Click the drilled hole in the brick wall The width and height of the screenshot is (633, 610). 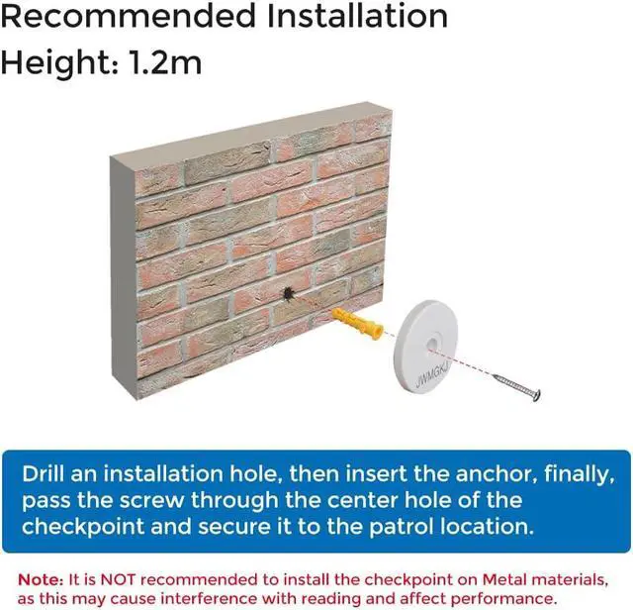tap(288, 294)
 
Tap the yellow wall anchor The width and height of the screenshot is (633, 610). tap(357, 323)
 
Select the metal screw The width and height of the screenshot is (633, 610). tap(516, 387)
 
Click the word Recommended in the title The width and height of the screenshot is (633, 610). tap(129, 16)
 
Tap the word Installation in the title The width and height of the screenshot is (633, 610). tap(357, 16)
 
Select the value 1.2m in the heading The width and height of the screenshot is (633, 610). tap(165, 63)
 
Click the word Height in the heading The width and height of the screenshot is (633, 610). tap(59, 63)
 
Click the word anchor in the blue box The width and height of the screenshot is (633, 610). tap(497, 473)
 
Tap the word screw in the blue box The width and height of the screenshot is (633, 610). tap(151, 500)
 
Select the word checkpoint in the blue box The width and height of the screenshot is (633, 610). tap(83, 528)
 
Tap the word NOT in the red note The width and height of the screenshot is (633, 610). tap(118, 580)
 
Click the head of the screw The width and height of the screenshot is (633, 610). tap(536, 395)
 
